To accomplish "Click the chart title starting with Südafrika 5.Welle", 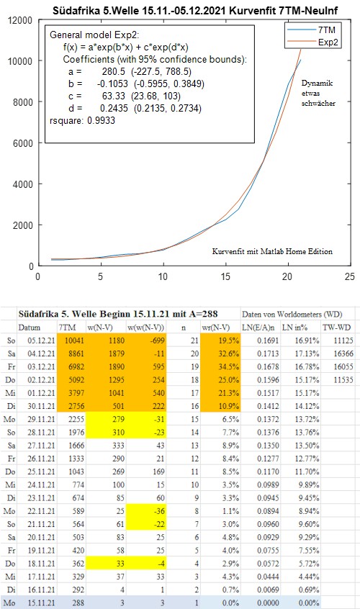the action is point(195,11).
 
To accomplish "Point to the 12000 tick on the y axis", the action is point(20,20).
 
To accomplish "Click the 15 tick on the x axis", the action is point(225,276).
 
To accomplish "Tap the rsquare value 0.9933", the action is point(101,120).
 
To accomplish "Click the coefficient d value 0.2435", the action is point(114,108).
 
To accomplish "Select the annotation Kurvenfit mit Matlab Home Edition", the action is point(272,251).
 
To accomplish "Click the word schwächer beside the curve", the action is point(318,104).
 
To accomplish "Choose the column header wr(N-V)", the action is point(215,328).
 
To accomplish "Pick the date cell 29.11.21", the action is point(41,419).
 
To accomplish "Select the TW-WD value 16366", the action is point(343,354).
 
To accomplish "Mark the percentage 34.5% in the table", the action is point(229,366).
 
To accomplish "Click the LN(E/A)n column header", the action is point(260,328).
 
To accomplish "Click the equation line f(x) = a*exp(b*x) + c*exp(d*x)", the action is point(126,48).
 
